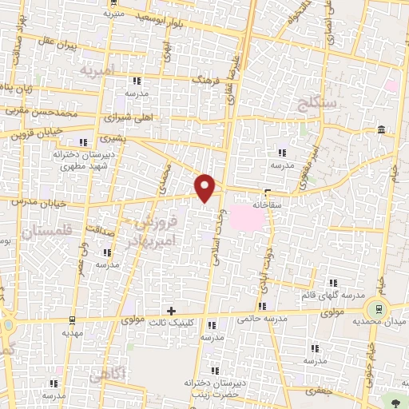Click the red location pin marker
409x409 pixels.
[x=206, y=188]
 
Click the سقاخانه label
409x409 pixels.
[x=269, y=204]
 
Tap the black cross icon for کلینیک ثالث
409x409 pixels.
[x=171, y=310]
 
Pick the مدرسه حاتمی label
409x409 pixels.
[x=260, y=319]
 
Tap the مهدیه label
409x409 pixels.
[x=73, y=332]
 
